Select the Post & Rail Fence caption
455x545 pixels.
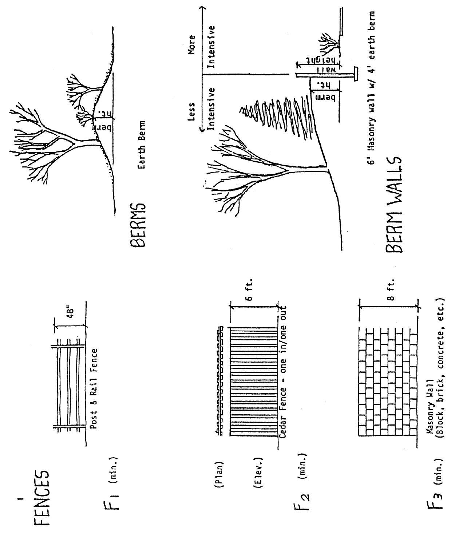94,389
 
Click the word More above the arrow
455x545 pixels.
192,44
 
